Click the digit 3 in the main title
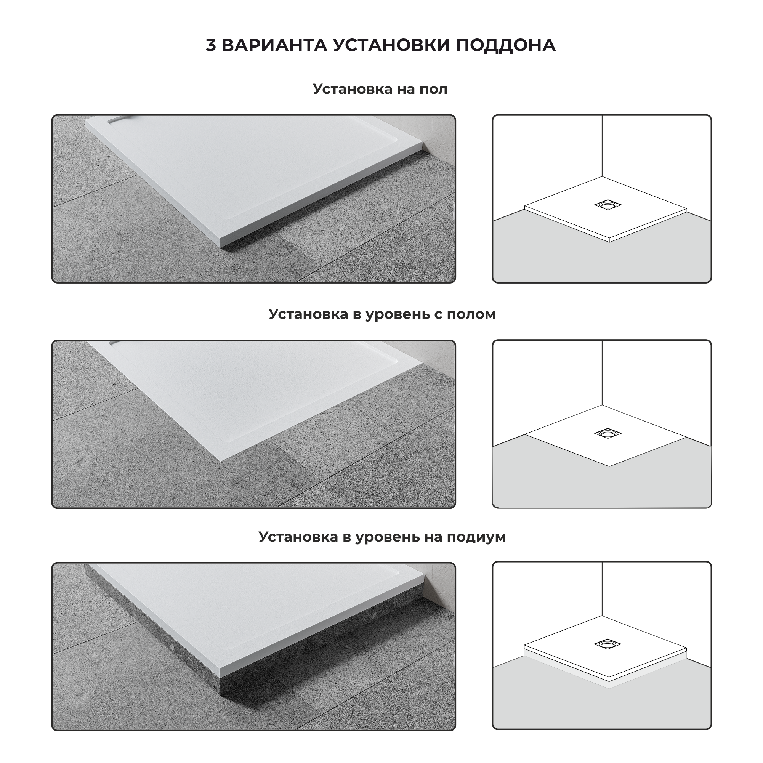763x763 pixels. click(211, 45)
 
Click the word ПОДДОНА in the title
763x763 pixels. click(506, 45)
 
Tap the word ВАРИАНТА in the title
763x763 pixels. click(274, 45)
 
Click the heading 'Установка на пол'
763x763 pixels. click(380, 89)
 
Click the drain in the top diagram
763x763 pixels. click(608, 205)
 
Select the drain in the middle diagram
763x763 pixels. click(608, 433)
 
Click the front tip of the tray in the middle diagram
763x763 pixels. click(609, 466)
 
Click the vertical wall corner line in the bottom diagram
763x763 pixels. click(602, 589)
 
